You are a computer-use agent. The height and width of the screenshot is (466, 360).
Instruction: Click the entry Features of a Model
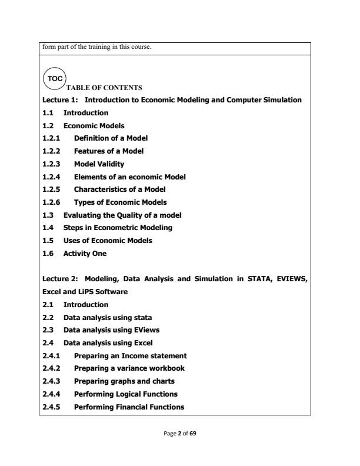pos(109,151)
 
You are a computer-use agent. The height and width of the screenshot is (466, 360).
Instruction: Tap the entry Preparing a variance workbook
pos(129,368)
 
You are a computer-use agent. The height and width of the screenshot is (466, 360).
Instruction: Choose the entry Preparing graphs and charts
pos(125,381)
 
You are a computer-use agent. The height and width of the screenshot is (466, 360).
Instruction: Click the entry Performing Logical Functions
pos(126,394)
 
